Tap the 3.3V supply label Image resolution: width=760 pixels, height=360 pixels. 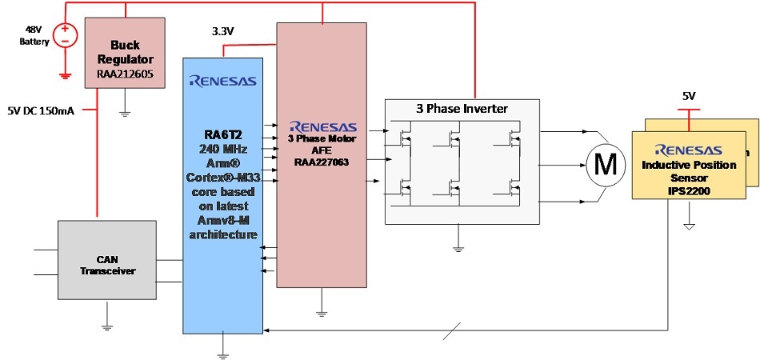click(x=223, y=32)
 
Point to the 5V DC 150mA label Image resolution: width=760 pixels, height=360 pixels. click(x=41, y=110)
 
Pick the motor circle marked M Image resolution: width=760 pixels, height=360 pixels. click(x=608, y=164)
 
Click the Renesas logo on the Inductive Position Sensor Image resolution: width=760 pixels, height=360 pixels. click(x=688, y=150)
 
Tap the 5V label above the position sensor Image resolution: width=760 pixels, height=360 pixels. click(x=689, y=96)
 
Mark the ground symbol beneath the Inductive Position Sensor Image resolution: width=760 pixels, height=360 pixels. click(x=689, y=227)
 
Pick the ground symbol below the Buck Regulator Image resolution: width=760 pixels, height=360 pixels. click(x=125, y=113)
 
